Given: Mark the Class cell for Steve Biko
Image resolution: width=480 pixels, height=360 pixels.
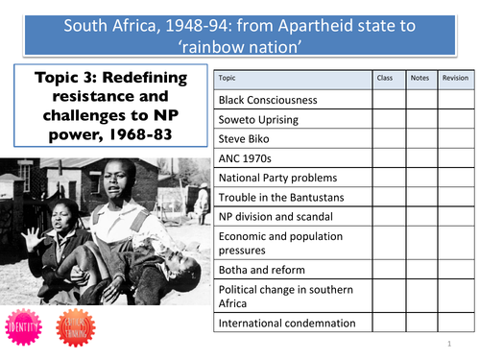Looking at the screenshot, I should click(385, 138).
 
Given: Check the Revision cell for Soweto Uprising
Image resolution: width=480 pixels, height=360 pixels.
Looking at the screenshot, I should click(455, 118).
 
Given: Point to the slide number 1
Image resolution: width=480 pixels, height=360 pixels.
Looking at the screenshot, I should click(448, 343).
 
